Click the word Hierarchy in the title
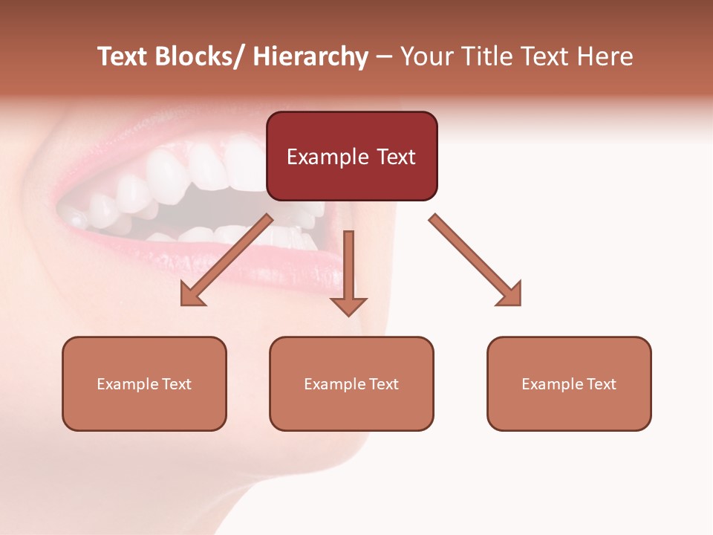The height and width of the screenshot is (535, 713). click(310, 57)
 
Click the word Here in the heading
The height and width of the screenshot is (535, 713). click(606, 57)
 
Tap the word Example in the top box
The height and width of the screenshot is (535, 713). click(325, 157)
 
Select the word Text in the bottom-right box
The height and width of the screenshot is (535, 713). click(602, 384)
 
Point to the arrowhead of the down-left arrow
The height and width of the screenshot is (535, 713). click(192, 295)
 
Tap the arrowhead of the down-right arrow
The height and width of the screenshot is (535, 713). click(511, 295)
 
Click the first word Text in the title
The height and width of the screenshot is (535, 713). click(123, 57)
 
